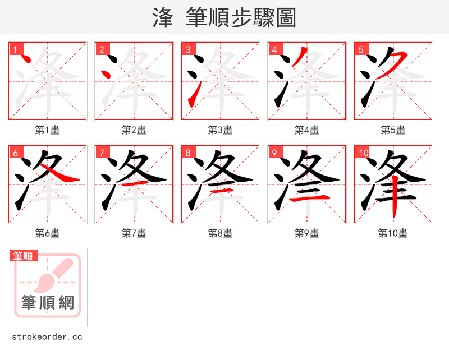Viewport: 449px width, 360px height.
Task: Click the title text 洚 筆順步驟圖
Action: pos(224,18)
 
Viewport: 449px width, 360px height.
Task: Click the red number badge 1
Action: pos(15,49)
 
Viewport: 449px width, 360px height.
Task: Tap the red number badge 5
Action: pos(360,49)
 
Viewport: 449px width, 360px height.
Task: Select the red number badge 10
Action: pos(363,152)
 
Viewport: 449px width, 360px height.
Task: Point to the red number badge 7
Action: pos(101,152)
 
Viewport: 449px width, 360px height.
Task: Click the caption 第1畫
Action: pos(47,130)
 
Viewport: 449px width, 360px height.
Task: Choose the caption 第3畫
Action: pos(220,130)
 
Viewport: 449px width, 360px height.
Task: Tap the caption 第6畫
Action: pos(47,233)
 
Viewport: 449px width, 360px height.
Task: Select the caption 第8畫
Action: pos(220,233)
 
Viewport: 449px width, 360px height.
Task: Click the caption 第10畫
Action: pos(393,233)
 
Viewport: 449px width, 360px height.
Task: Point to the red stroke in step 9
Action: pos(308,198)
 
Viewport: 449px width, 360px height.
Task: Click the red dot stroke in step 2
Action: pos(105,74)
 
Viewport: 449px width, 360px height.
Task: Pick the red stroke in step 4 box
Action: pos(299,59)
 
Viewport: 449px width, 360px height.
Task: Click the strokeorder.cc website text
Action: pos(47,337)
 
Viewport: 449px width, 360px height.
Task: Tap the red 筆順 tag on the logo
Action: pos(24,256)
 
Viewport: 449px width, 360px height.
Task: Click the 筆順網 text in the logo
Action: pos(47,303)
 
